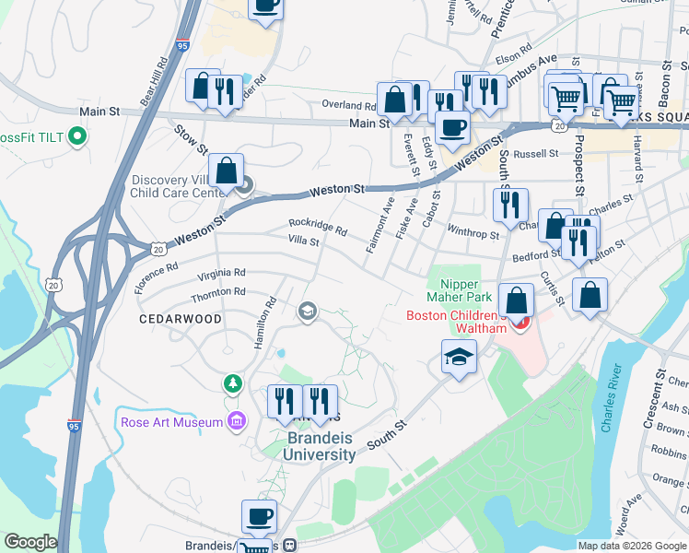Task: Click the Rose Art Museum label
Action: tap(172, 422)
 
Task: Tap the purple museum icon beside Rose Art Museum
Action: tap(237, 422)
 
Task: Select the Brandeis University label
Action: tap(319, 447)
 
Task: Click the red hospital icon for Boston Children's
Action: tap(522, 323)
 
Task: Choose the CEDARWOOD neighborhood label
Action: tap(180, 319)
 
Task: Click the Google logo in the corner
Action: tap(29, 542)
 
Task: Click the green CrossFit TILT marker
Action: tap(78, 138)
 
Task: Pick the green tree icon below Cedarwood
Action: tap(232, 382)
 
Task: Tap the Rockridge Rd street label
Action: tap(317, 226)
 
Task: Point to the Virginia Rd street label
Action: tap(221, 274)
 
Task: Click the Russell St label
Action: tap(536, 154)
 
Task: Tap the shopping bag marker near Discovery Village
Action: tap(226, 171)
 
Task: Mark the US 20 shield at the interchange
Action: tap(159, 249)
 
